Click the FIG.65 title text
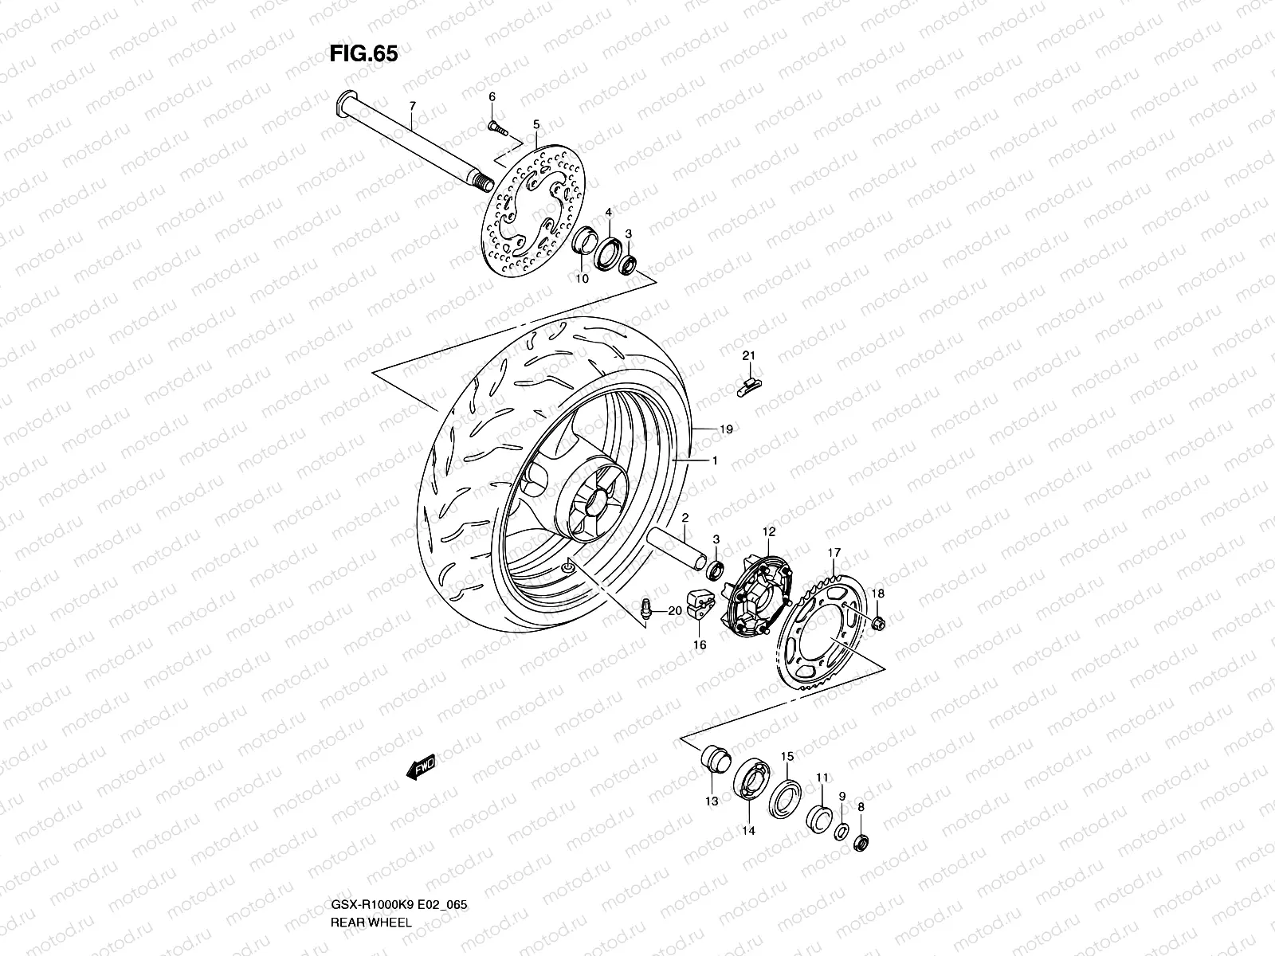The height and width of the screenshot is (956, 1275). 363,53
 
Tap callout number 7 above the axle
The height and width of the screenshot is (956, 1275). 412,106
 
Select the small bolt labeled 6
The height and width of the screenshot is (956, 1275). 493,126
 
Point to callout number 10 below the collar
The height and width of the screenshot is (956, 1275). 582,279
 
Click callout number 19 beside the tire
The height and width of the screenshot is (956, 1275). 725,429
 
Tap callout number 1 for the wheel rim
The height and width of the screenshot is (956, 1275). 715,460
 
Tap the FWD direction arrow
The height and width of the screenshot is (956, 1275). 419,767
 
